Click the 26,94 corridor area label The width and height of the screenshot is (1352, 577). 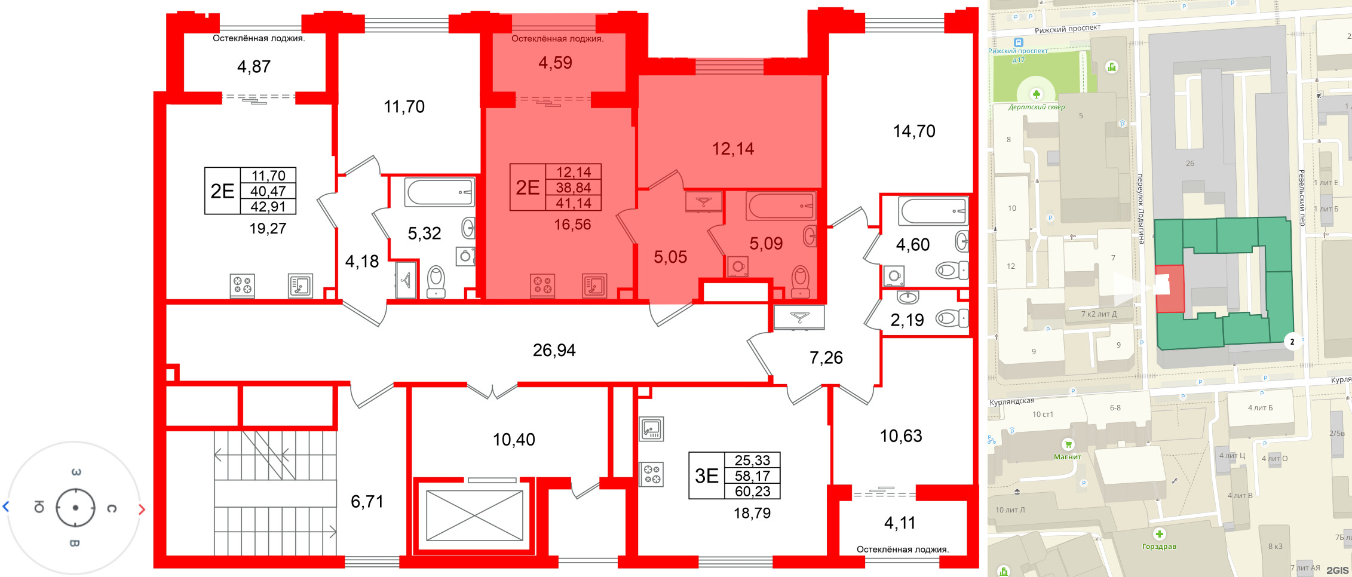(x=554, y=350)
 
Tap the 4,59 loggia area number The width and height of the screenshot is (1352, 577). (x=555, y=63)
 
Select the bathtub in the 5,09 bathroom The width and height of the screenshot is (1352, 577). (x=780, y=206)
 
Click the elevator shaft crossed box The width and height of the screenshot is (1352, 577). (x=474, y=516)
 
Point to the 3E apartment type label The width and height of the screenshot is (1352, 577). (x=706, y=475)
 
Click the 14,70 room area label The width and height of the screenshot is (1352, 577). (x=914, y=131)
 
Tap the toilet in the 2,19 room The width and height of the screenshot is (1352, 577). (x=951, y=318)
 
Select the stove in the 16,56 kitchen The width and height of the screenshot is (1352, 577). (x=542, y=286)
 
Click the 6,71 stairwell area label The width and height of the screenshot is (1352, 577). (x=367, y=502)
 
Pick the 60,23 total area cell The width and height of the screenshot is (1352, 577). (x=752, y=492)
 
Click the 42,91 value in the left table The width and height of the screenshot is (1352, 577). (x=268, y=207)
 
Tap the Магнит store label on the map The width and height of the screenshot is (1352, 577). (x=1068, y=457)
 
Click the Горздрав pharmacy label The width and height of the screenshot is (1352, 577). (x=1159, y=547)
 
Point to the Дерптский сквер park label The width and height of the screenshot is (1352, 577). (x=1037, y=108)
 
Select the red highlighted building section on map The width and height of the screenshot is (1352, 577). (x=1169, y=289)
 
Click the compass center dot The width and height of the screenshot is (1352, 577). (x=75, y=508)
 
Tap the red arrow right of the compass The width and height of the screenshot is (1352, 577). (x=142, y=510)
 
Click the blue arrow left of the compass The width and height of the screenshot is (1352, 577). (x=6, y=507)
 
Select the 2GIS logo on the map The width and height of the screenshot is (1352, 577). (x=1337, y=570)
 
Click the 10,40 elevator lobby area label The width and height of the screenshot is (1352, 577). (x=514, y=440)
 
